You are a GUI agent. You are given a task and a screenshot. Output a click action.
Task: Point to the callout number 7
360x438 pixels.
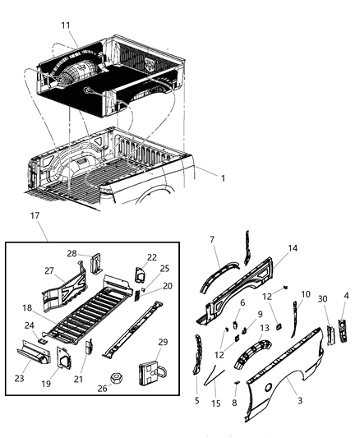212,239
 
